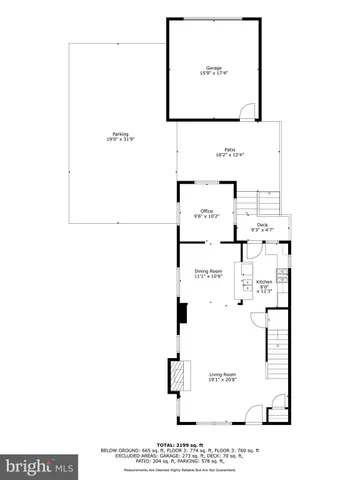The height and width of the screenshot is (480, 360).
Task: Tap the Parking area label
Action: pos(120,135)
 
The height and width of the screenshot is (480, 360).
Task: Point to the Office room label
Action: pos(206,210)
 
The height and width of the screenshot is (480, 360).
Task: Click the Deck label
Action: pos(262,225)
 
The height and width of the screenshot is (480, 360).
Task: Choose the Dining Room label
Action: pos(207,271)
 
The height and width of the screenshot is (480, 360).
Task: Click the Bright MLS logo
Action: pos(40,466)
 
